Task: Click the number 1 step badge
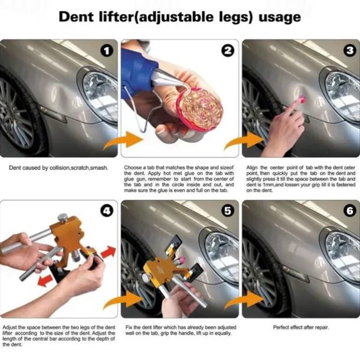coord(107,51)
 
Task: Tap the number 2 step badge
coord(228,51)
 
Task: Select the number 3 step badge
coord(350,51)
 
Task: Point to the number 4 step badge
coord(107,211)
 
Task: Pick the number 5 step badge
coord(228,211)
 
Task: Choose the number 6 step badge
coord(350,211)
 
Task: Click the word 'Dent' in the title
coord(76,17)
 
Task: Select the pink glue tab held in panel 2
coord(199,110)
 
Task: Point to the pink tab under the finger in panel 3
coord(302,99)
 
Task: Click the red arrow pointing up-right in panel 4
coord(108,252)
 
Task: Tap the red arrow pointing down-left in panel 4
coord(45,280)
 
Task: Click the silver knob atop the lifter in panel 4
coord(63,217)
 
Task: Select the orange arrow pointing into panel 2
coord(123,140)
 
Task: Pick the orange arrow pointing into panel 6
coord(244,301)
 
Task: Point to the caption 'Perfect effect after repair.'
coord(301,328)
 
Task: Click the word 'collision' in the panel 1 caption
coord(60,168)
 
